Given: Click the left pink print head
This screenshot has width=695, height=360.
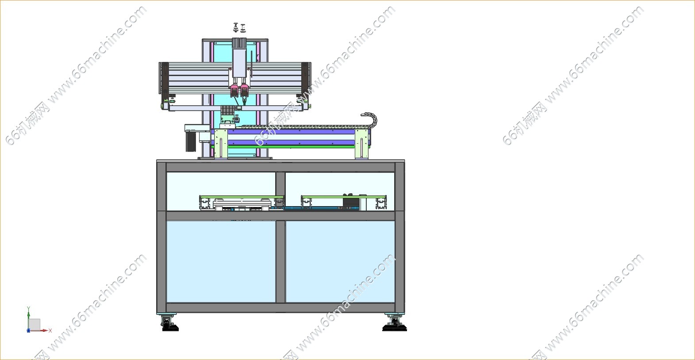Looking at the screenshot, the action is [x=234, y=89].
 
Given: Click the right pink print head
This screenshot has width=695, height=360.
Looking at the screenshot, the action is [x=245, y=89].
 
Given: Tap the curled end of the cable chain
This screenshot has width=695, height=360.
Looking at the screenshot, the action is [x=371, y=119].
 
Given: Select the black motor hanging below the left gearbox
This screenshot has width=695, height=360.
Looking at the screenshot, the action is [x=191, y=142].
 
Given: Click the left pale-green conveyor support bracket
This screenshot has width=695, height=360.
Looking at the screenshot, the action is [x=221, y=144].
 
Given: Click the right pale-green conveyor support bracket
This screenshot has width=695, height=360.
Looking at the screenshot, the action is [x=362, y=144].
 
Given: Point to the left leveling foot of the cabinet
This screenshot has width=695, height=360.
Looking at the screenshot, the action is [x=169, y=323].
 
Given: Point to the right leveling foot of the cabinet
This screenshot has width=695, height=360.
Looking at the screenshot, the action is [x=394, y=323].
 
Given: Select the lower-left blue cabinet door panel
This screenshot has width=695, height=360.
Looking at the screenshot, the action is [x=221, y=261].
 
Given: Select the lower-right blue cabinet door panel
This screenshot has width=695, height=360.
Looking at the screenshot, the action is [x=340, y=261].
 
